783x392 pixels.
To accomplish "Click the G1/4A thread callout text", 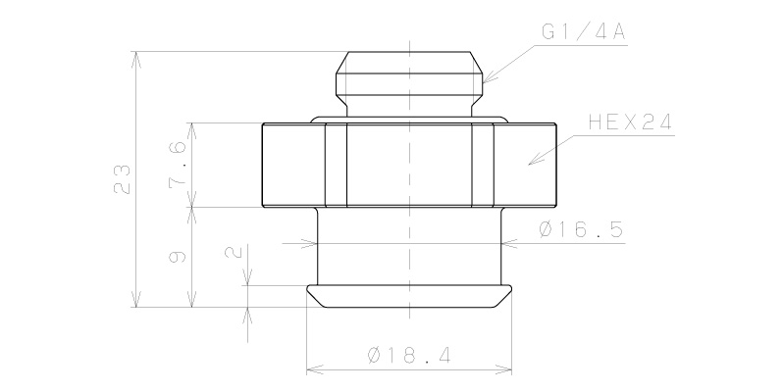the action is click(x=583, y=32).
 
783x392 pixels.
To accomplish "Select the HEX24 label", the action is click(x=630, y=122).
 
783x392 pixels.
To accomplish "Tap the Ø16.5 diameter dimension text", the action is click(x=581, y=230).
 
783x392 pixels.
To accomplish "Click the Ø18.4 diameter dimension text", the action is click(x=409, y=356).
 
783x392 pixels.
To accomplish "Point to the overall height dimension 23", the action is click(x=123, y=179).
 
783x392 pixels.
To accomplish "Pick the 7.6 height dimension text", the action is click(x=179, y=164).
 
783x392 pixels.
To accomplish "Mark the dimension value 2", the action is click(x=234, y=252).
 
